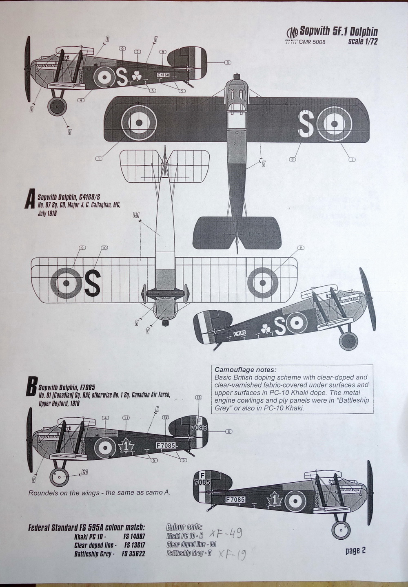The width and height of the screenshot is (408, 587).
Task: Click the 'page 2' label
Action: [355, 550]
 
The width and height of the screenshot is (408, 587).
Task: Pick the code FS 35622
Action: [134, 554]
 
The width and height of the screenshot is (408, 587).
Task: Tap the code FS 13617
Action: [134, 545]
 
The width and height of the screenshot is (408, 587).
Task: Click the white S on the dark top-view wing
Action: [306, 124]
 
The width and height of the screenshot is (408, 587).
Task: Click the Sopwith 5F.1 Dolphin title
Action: [339, 31]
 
